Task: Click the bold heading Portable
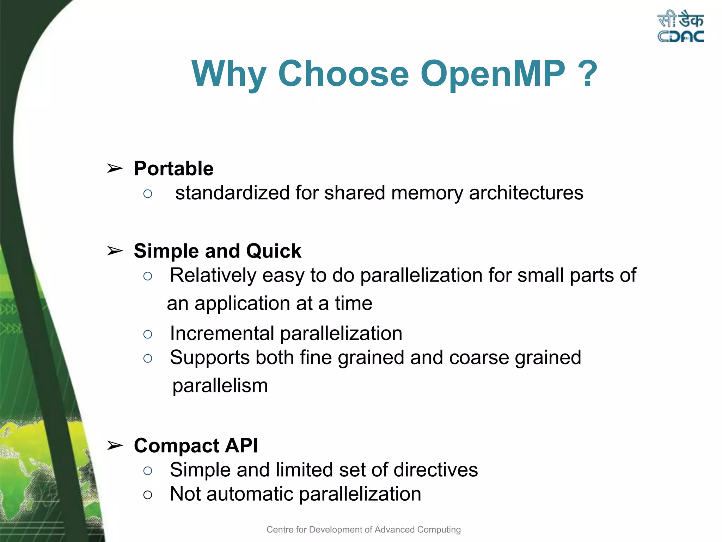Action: point(174,168)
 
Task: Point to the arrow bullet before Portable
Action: point(115,169)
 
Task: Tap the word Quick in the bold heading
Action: point(274,251)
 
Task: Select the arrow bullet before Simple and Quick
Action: point(115,251)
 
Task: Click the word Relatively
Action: point(213,275)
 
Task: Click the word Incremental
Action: point(222,333)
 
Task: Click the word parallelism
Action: point(220,386)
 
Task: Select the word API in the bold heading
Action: point(241,445)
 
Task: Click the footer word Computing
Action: point(439,530)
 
